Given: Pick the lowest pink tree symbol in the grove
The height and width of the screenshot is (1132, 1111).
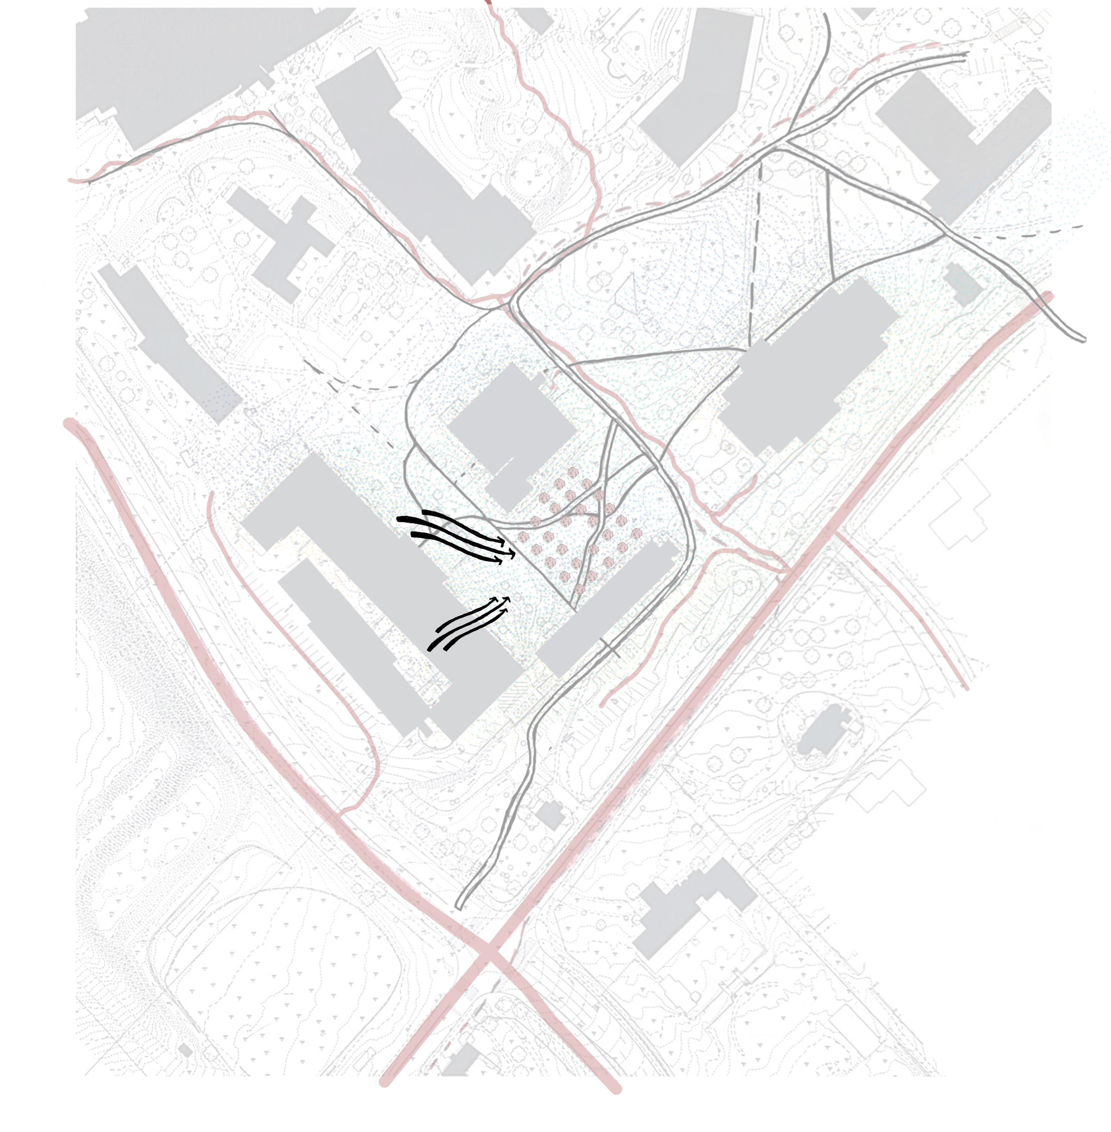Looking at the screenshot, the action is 579,588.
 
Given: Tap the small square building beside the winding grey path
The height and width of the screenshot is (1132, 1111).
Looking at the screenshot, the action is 550,815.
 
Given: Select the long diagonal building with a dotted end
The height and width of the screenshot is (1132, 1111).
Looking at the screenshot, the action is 169,344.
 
